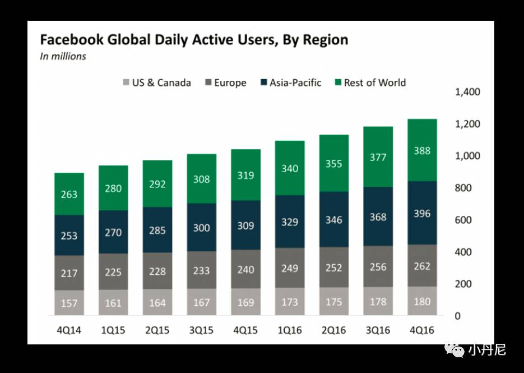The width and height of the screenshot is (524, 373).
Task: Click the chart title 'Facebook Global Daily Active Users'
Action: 194,40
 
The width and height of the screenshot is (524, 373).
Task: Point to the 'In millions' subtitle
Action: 63,56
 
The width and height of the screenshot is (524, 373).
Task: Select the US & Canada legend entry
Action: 156,83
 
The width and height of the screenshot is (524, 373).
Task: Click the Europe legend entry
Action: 225,83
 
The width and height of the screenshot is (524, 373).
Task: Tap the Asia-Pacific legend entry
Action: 291,83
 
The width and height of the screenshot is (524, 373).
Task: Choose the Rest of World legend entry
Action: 370,83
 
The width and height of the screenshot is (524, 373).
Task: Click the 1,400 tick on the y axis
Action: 466,92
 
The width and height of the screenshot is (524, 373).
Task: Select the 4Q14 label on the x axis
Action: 69,330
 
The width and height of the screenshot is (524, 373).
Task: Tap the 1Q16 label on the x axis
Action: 290,330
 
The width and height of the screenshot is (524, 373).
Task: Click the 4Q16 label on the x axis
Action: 422,330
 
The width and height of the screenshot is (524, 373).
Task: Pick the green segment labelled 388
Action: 422,150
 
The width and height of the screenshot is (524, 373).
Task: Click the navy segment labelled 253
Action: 69,236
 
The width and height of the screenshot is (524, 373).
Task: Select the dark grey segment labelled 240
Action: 245,269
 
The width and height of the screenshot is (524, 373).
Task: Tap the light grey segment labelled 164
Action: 157,302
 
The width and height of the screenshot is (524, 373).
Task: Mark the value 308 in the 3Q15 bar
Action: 201,179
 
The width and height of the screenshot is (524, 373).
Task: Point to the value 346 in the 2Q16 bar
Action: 333,219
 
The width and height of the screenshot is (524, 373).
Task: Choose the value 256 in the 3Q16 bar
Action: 378,267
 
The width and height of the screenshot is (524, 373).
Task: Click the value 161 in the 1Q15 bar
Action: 113,303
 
